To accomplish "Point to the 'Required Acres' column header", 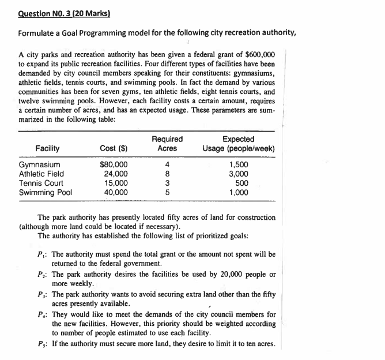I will pos(167,144).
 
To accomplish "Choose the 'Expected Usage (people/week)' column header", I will pos(238,144).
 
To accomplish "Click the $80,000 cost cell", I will pos(114,164).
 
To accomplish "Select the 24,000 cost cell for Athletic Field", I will pos(116,174).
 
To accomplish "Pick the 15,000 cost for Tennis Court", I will pos(116,183).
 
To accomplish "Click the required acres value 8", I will pos(167,174).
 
